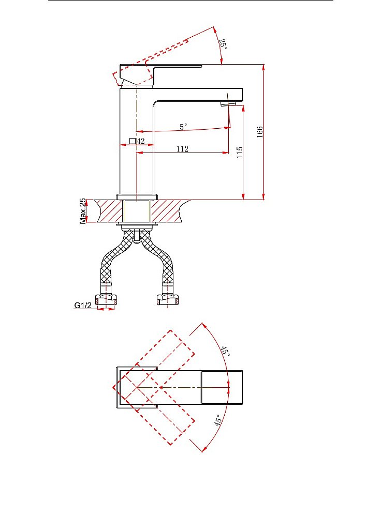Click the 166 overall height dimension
click(x=260, y=131)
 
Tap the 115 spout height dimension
click(x=240, y=153)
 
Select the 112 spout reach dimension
click(x=182, y=149)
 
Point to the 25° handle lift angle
click(x=224, y=44)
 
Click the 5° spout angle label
click(x=183, y=126)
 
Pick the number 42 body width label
click(x=141, y=141)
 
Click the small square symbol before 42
click(x=133, y=141)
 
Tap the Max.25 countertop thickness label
click(x=82, y=211)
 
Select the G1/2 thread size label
click(x=82, y=306)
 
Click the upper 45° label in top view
click(x=225, y=351)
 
